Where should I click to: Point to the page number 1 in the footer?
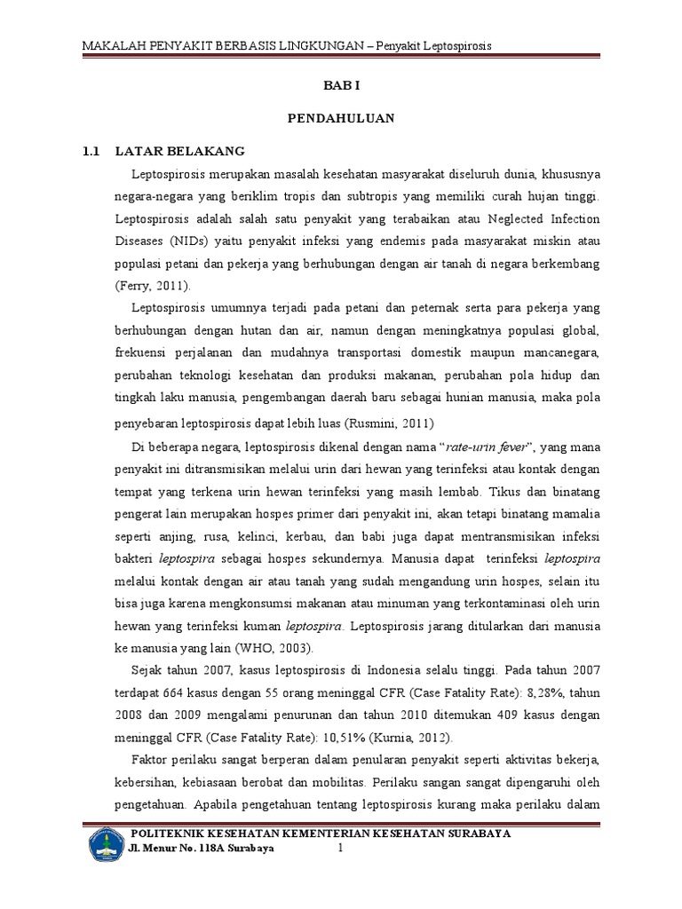338,849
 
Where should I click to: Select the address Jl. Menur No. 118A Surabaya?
202,849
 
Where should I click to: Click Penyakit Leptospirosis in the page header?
434,44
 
